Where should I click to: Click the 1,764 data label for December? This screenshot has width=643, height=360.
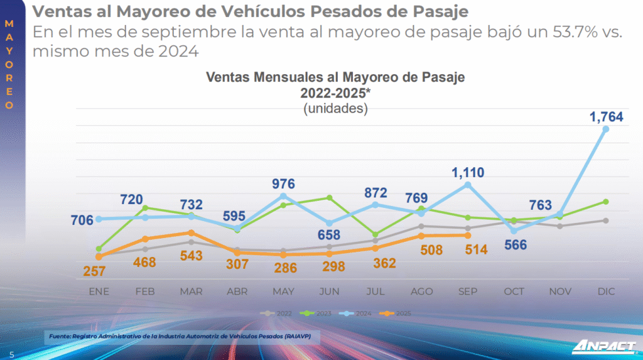coord(605,116)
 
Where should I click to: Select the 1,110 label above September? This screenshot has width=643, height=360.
coord(468,172)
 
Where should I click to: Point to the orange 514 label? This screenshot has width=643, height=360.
coord(468,249)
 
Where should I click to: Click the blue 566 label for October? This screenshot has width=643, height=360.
coord(515,245)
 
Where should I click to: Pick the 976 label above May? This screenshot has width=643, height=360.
coord(284,185)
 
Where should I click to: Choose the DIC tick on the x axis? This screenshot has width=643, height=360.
coord(606,292)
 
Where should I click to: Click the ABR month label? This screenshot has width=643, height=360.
coord(237,292)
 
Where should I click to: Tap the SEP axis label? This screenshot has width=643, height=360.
coord(468,292)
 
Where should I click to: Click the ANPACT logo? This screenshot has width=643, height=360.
coord(603,347)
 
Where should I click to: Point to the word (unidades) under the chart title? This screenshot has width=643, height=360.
coord(335,109)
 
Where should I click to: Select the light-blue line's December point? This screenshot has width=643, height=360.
coord(606,129)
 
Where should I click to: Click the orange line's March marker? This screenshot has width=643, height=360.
coord(191,232)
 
